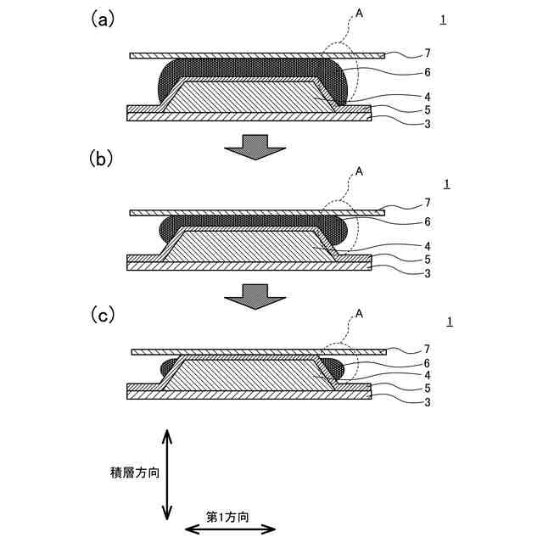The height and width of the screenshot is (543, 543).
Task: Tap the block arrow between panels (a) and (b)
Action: pyautogui.click(x=255, y=146)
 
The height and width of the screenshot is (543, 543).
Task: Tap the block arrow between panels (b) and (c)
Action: pyautogui.click(x=255, y=296)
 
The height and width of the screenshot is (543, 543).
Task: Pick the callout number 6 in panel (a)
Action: pyautogui.click(x=428, y=72)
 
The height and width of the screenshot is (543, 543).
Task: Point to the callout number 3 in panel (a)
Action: pyautogui.click(x=428, y=123)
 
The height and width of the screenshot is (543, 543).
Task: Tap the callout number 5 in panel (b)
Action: pyautogui.click(x=428, y=260)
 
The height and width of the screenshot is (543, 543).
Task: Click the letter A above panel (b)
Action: pyautogui.click(x=359, y=171)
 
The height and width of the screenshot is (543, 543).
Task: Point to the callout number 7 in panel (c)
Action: pyautogui.click(x=428, y=350)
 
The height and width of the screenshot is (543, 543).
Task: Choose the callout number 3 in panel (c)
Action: pyautogui.click(x=428, y=401)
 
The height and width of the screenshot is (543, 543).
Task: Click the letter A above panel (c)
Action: pyautogui.click(x=359, y=314)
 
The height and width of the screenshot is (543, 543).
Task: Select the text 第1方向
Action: pyautogui.click(x=227, y=515)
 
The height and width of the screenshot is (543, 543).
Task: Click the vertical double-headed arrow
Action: pyautogui.click(x=167, y=475)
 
